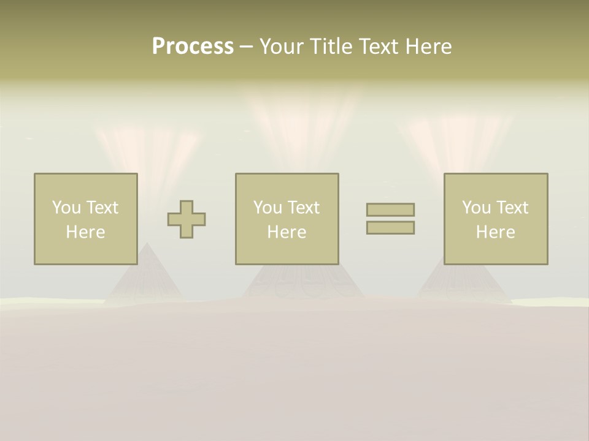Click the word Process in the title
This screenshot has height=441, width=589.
pyautogui.click(x=193, y=47)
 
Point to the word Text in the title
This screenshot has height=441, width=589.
pyautogui.click(x=379, y=47)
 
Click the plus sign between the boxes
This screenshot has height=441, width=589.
pyautogui.click(x=187, y=219)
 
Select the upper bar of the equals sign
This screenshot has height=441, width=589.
pyautogui.click(x=390, y=209)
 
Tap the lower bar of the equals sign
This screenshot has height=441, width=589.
pyautogui.click(x=390, y=228)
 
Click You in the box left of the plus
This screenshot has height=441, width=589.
pyautogui.click(x=66, y=208)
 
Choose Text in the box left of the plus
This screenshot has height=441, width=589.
pyautogui.click(x=102, y=208)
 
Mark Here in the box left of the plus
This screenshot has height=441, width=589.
pyautogui.click(x=85, y=232)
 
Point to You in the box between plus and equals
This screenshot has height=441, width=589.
pyautogui.click(x=268, y=208)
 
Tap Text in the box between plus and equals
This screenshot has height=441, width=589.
pyautogui.click(x=303, y=208)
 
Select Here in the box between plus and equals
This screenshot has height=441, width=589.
pyautogui.click(x=287, y=232)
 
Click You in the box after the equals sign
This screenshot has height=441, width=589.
pyautogui.click(x=476, y=208)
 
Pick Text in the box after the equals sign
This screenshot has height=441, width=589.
pyautogui.click(x=512, y=208)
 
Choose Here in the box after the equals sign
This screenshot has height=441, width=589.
pyautogui.click(x=495, y=232)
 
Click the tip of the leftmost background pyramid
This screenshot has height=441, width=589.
pyautogui.click(x=146, y=243)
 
